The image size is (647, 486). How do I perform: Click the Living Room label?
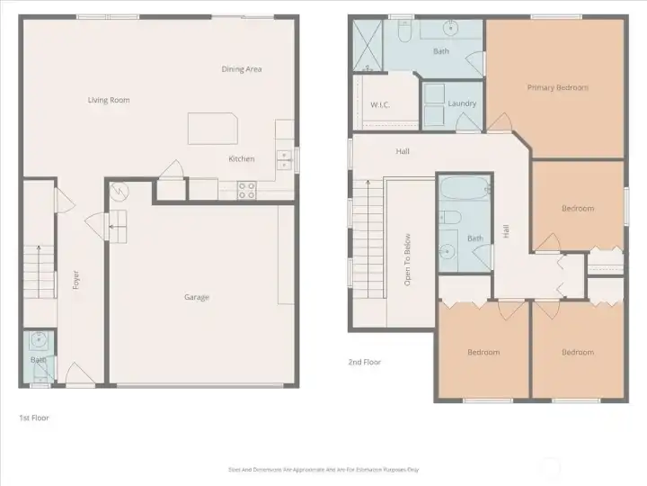109,100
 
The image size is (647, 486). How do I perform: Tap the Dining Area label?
242,69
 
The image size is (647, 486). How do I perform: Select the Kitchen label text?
241,159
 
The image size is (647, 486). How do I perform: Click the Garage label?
197,297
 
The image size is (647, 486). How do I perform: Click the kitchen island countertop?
212,128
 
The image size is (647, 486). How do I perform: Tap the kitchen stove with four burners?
247,190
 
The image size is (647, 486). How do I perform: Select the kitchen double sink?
284,159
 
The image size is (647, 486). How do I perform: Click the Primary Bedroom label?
557,87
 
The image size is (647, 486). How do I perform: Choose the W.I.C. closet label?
379,104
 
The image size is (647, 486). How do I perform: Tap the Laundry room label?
462,103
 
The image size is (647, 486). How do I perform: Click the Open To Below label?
407,260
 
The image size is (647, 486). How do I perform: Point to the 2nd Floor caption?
365,362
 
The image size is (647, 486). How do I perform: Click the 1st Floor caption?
34,418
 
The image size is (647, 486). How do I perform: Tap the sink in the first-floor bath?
39,340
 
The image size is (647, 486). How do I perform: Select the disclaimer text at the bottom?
323,469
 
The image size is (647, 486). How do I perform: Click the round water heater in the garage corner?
119,191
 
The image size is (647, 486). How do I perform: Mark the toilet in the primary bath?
403,31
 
